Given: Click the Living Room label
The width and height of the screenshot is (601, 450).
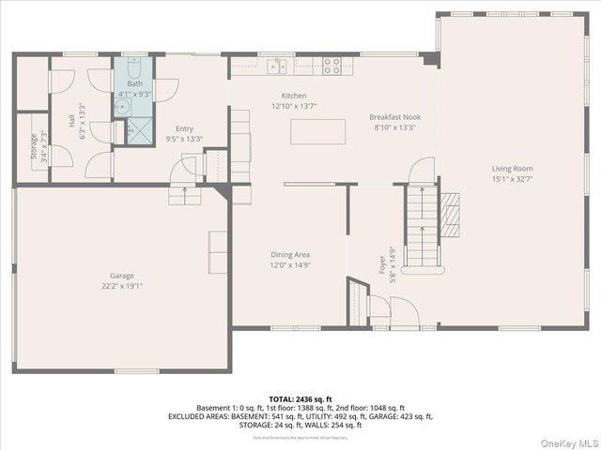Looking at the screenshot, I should coord(512,169).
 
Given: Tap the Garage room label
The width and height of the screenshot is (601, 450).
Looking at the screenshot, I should coord(122,276).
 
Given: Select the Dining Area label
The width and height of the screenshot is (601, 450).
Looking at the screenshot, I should coord(290,254).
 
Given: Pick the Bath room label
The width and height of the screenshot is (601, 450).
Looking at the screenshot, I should coord(135,84).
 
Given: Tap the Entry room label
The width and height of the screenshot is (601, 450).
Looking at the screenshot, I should coord(184,129).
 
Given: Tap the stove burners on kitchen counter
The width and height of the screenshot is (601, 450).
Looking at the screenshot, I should coord(331,65).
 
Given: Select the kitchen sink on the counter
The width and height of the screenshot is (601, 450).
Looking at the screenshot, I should coord(277,65).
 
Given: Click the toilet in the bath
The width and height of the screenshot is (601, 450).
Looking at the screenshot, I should coord(133,68).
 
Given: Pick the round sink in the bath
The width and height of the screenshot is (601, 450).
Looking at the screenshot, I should coord(122,107).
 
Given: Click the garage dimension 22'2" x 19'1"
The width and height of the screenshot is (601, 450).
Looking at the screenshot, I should coord(122,286).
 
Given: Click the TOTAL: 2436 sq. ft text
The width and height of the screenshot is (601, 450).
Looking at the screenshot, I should coord(300,398).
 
